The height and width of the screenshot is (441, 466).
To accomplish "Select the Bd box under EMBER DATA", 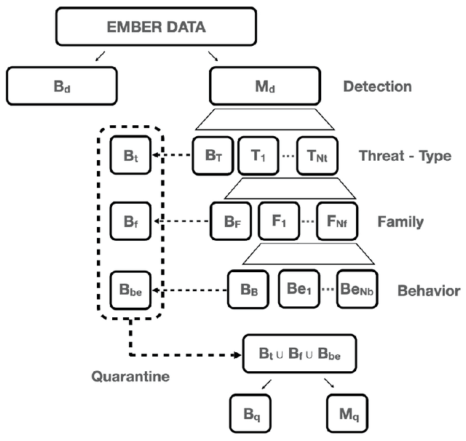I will [63, 86].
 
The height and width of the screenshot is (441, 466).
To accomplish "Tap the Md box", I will [265, 86].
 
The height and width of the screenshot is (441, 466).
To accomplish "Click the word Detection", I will [377, 87].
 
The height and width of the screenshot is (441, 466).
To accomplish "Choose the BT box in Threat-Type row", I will [213, 155].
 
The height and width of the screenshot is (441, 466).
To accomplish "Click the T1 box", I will [259, 155].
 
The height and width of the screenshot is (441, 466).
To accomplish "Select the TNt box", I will [317, 155].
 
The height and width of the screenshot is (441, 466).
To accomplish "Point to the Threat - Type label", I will [405, 156].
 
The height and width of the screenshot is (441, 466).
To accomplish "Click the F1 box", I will [278, 220].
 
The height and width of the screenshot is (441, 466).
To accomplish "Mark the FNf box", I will [337, 220].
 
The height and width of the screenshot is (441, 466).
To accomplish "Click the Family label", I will [400, 220].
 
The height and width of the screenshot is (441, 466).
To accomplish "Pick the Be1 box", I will [299, 288].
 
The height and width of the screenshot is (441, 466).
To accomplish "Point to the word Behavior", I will [428, 290].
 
